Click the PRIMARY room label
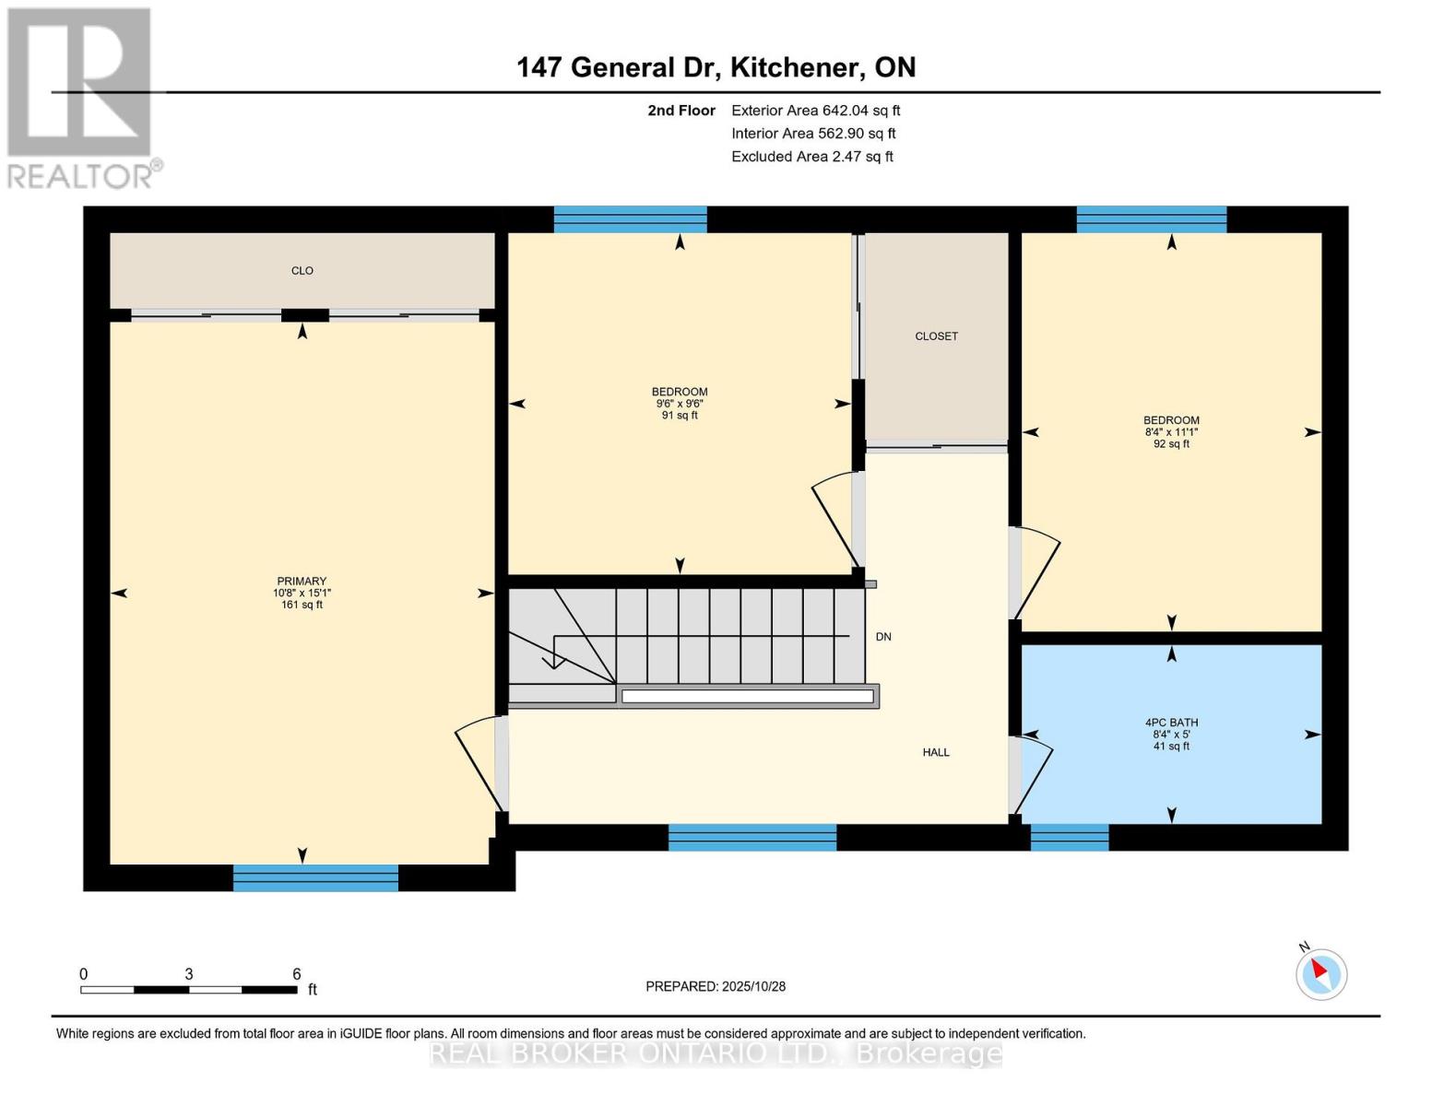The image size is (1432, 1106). coord(302,582)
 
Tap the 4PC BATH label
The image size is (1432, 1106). coord(1171,723)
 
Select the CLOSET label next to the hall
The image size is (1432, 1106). coord(936,336)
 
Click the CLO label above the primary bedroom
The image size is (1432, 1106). coord(302,271)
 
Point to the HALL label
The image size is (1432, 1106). coord(936,752)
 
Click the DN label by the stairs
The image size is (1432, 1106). coord(883,637)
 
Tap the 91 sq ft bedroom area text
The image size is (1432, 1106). coord(680,416)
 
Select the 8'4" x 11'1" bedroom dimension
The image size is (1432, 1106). coord(1171,431)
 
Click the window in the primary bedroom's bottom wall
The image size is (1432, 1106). coord(315,877)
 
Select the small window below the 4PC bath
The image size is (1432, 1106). coord(1069,837)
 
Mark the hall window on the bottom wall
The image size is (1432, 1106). coord(752,837)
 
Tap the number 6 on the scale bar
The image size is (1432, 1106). coord(296,974)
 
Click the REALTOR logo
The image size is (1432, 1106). coord(81,98)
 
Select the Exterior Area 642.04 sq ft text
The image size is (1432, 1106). coord(815,111)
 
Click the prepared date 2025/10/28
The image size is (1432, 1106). coord(716,986)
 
